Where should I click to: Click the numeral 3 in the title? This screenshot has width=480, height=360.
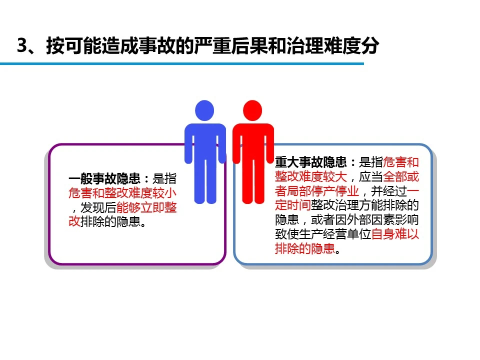pos(23,46)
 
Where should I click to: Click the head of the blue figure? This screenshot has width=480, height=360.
pos(204,110)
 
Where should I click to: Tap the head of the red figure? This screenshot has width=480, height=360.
pos(252,110)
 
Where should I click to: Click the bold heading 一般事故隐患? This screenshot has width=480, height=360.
pos(104,178)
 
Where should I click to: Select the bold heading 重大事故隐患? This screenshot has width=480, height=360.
pos(310,162)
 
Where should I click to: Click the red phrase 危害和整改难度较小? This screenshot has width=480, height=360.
pos(122,193)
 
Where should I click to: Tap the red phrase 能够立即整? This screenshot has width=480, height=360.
pos(146,207)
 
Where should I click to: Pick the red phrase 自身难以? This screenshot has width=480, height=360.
pos(395,234)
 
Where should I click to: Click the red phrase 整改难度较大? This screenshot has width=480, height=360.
pos(310,176)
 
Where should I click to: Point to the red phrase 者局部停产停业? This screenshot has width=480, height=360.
pos(317,191)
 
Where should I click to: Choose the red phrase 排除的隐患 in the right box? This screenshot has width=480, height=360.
pos(305,248)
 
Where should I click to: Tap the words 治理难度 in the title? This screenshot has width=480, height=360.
pos(322,46)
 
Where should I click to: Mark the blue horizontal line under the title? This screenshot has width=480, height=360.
pos(182,63)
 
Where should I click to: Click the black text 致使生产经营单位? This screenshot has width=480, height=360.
pos(323,234)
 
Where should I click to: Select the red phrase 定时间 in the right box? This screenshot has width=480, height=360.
pos(293,205)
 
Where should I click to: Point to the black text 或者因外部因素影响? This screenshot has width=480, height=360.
pos(365,220)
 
